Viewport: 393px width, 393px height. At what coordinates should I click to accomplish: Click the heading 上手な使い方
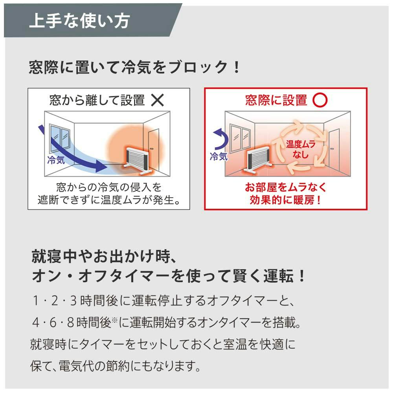[79, 21]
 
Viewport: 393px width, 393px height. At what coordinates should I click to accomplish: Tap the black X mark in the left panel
[158, 101]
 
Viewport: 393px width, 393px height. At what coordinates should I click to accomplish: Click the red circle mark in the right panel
[320, 101]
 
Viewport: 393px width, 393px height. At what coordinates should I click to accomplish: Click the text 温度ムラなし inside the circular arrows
[301, 149]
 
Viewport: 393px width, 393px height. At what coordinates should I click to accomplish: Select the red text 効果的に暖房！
[285, 200]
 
